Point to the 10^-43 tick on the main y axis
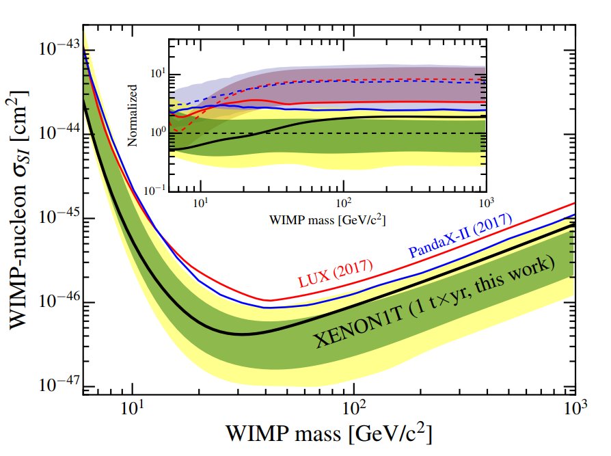[x=58, y=49]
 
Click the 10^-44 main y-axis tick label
[x=58, y=133]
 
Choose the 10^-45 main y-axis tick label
[x=58, y=218]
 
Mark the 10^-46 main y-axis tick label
[x=58, y=302]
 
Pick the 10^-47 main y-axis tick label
[x=58, y=386]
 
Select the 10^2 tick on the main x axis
[x=353, y=410]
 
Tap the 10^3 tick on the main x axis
[x=575, y=410]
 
